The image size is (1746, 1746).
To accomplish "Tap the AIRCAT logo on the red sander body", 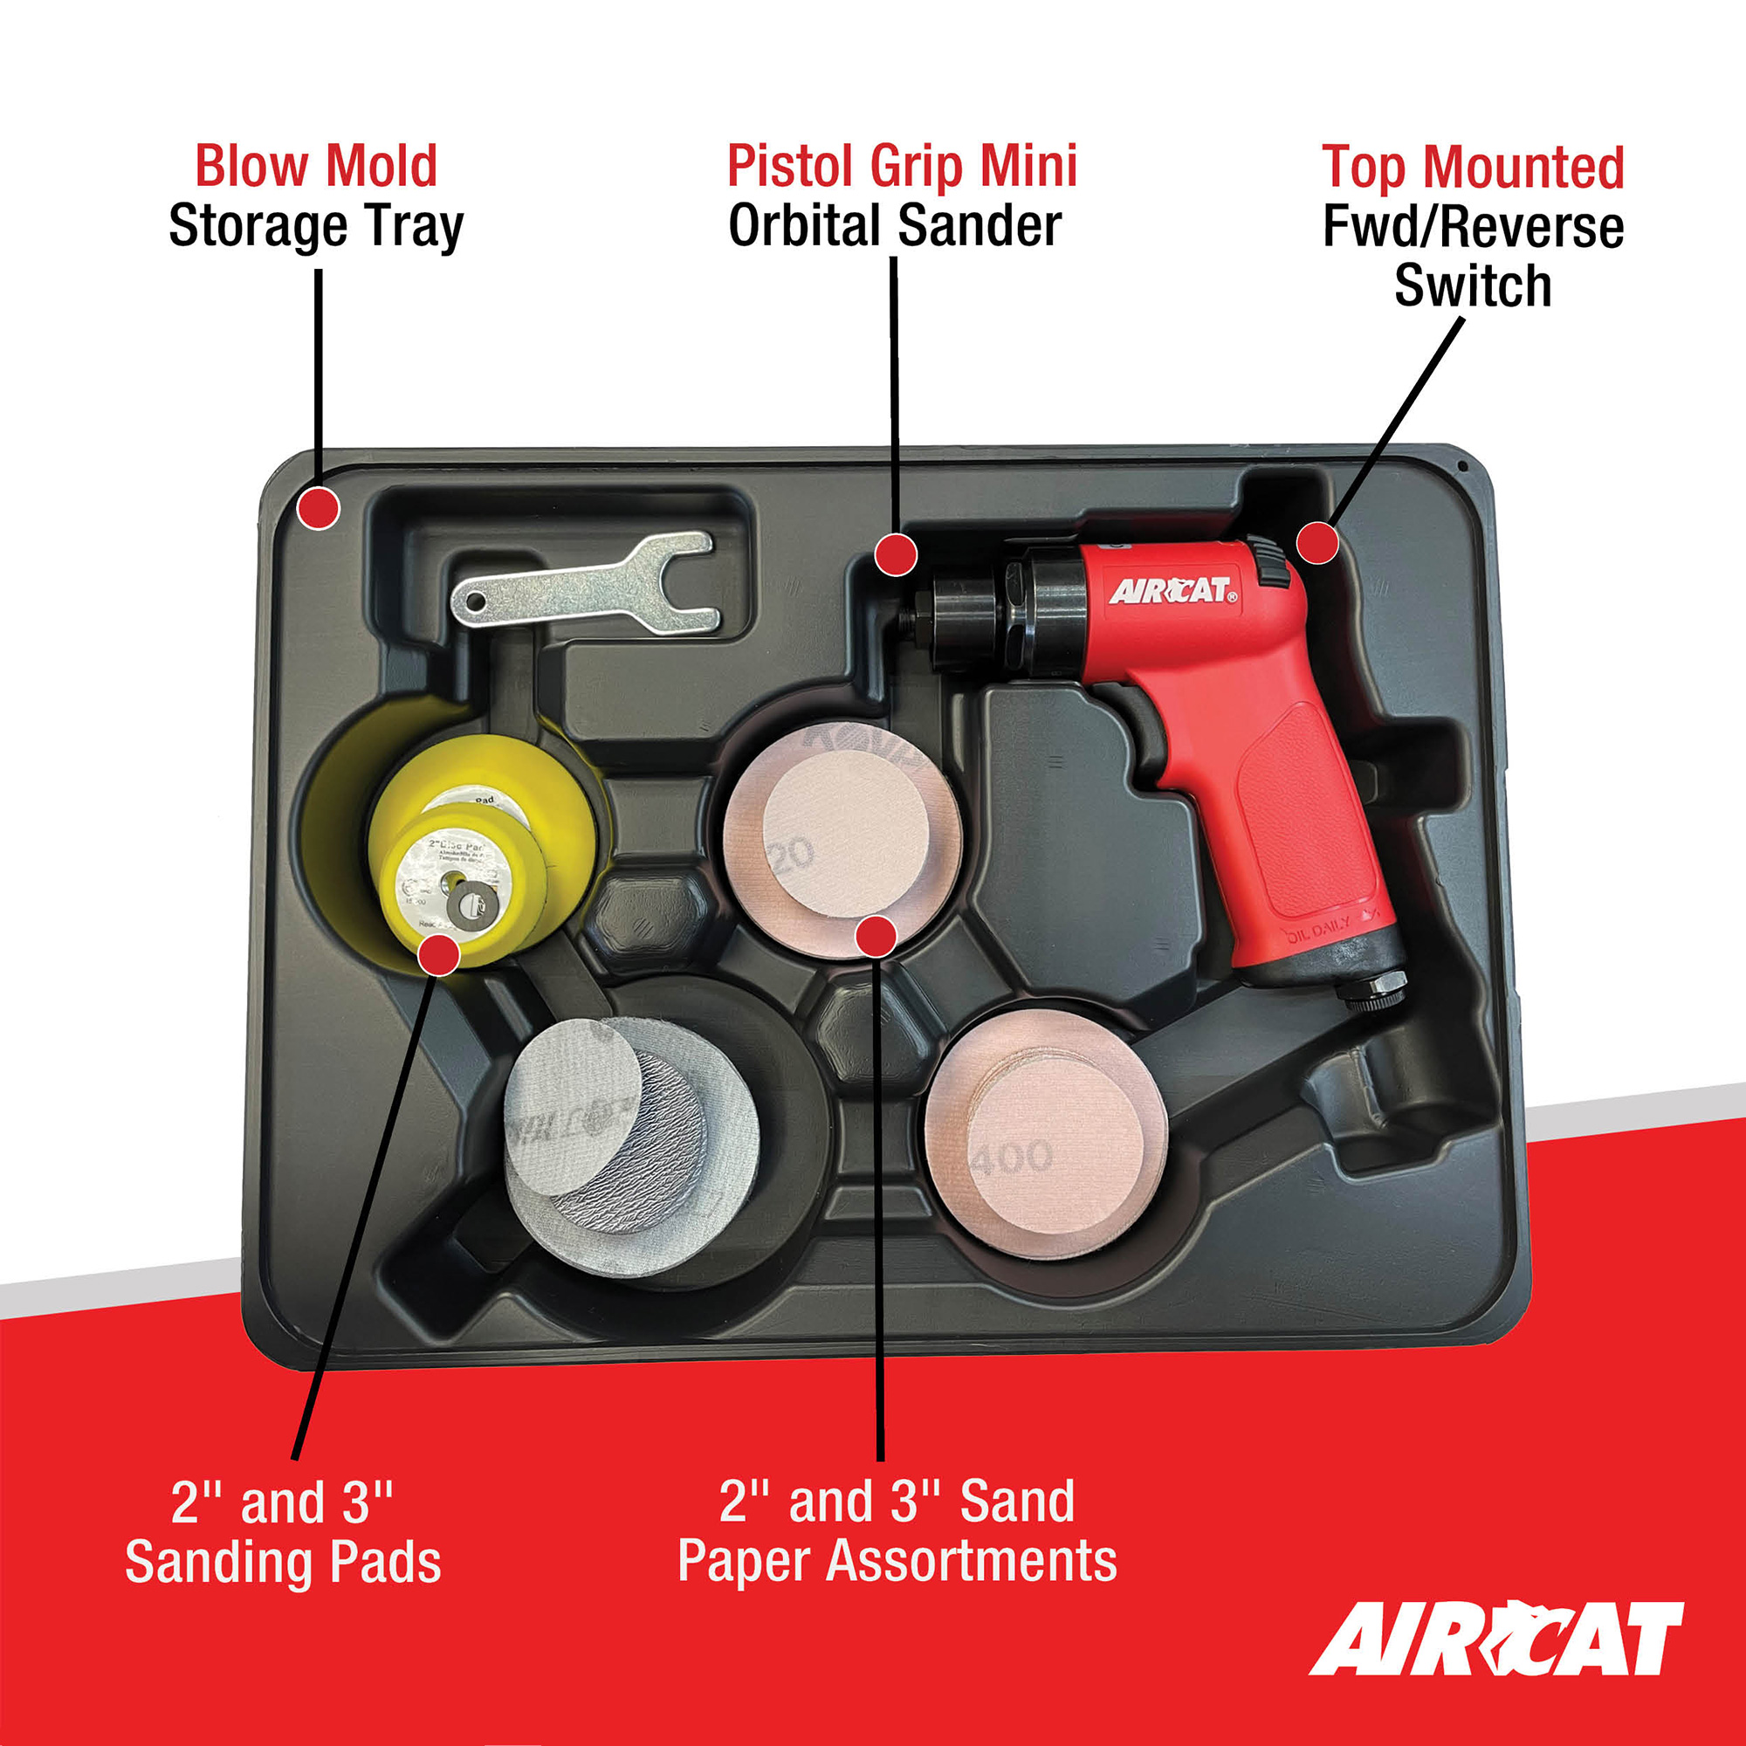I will pyautogui.click(x=1172, y=591).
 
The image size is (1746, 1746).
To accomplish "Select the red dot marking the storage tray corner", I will pyautogui.click(x=318, y=508).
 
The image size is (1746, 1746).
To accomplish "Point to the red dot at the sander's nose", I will pyautogui.click(x=896, y=554).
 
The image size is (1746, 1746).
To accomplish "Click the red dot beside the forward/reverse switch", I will pyautogui.click(x=1317, y=542).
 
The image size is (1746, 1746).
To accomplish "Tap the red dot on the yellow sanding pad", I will pyautogui.click(x=439, y=955).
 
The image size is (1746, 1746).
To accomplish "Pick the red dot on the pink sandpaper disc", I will pyautogui.click(x=875, y=935).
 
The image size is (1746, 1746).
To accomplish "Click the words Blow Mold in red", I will pyautogui.click(x=316, y=168).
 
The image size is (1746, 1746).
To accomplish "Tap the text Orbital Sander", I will pyautogui.click(x=895, y=226).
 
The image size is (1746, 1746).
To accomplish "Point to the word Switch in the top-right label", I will pyautogui.click(x=1472, y=286).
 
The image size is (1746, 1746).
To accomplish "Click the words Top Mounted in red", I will pyautogui.click(x=1472, y=168).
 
